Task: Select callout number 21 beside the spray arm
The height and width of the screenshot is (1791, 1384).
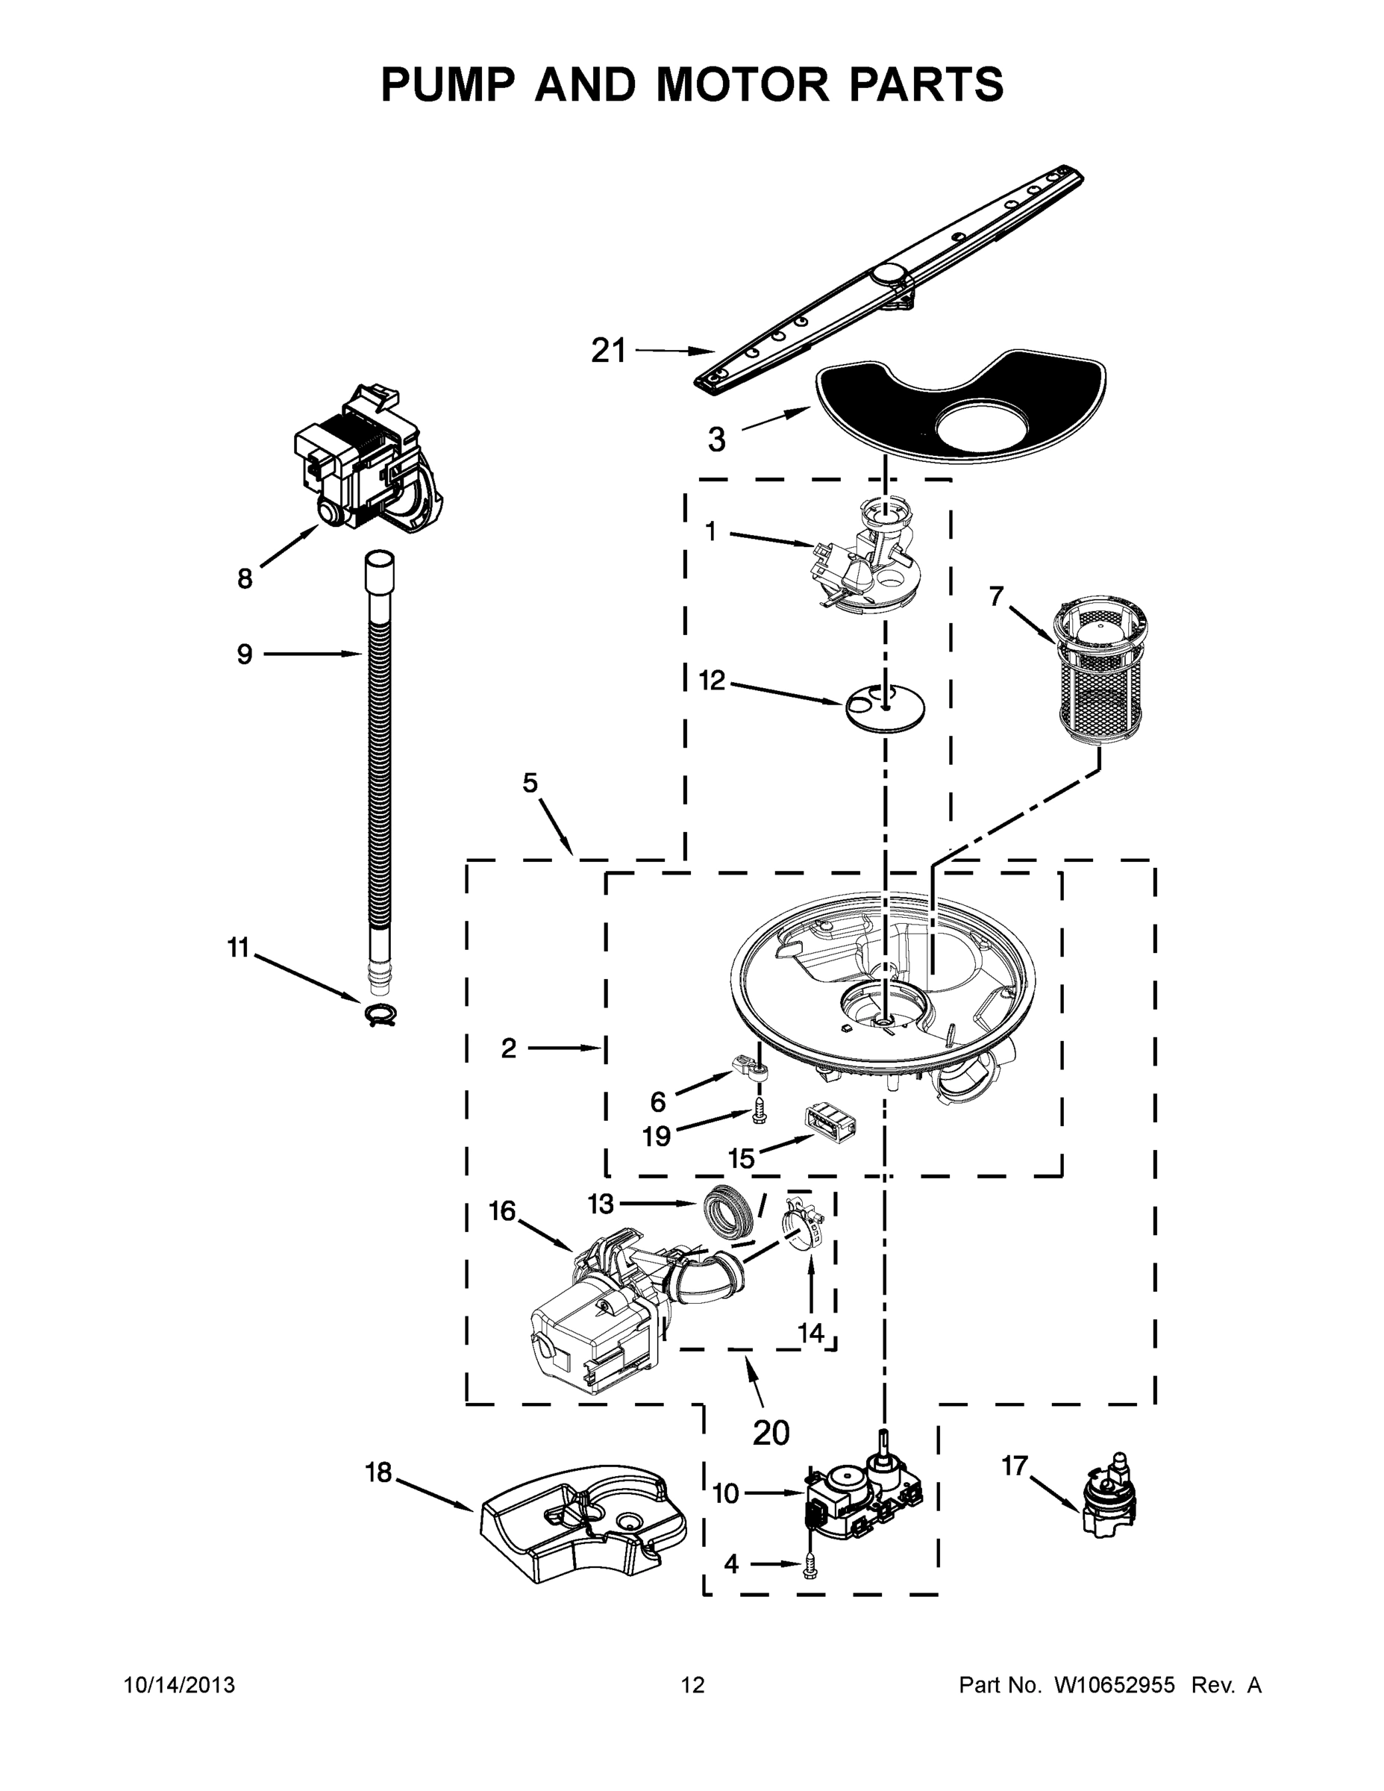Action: point(608,351)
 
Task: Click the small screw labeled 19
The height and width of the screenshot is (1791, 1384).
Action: point(760,1113)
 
